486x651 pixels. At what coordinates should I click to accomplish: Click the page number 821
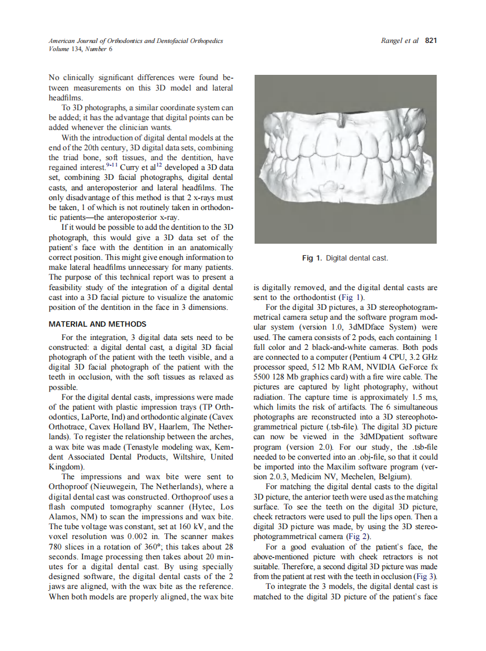pos(430,41)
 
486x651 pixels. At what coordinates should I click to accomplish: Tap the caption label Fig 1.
pos(312,258)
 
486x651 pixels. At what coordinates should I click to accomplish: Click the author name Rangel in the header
pos(393,41)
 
